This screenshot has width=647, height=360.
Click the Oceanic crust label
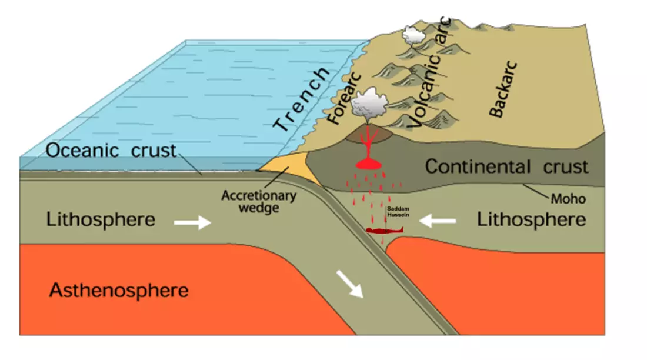point(111,151)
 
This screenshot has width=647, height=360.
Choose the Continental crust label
point(506,166)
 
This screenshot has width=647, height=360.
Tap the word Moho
point(568,199)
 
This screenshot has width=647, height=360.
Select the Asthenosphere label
point(119,290)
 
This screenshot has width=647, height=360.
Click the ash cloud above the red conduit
point(367,105)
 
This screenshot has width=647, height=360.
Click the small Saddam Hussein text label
point(393,212)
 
